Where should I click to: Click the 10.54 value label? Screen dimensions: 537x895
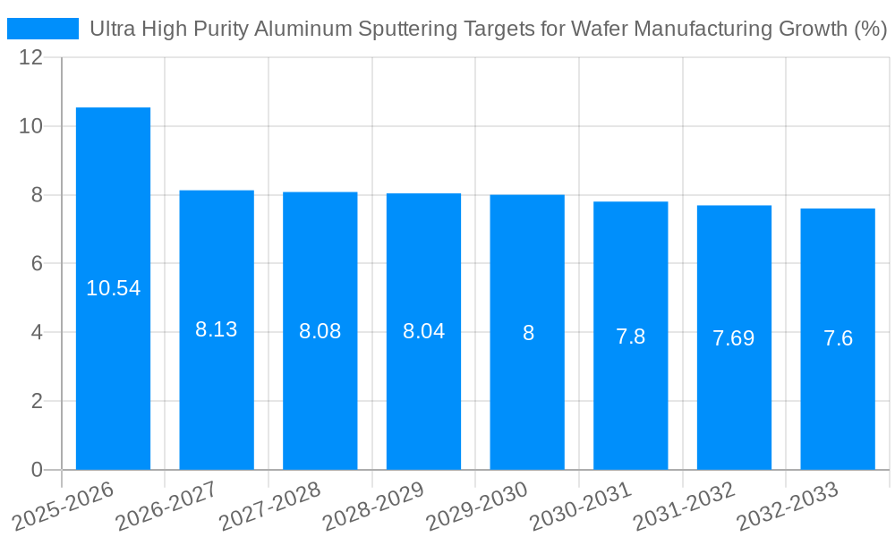(x=113, y=288)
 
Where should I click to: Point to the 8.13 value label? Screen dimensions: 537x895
(x=217, y=329)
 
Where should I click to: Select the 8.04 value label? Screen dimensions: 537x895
(x=423, y=331)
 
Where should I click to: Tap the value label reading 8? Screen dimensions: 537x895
(x=528, y=333)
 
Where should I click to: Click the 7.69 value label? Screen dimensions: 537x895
(x=733, y=338)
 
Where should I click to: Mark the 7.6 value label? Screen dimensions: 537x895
(x=838, y=338)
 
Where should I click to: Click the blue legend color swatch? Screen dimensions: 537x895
(x=43, y=29)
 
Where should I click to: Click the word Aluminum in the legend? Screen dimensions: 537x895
(x=302, y=29)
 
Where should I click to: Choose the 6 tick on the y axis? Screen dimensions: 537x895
(x=37, y=263)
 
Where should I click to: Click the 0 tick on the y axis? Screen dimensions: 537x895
(x=37, y=470)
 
